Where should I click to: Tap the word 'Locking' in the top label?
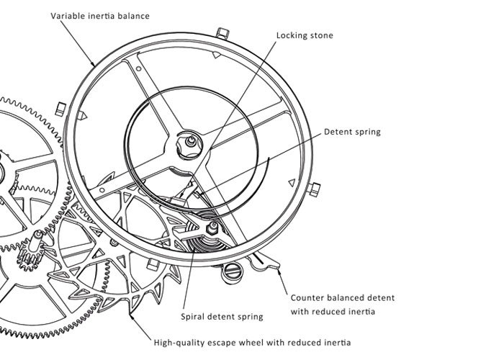[x=285, y=35]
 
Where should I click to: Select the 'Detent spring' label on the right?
[x=352, y=132]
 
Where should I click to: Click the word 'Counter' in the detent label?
[x=309, y=297]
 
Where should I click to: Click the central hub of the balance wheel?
[x=190, y=142]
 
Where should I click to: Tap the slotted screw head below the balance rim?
[x=231, y=270]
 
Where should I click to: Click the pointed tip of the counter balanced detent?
[x=278, y=269]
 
